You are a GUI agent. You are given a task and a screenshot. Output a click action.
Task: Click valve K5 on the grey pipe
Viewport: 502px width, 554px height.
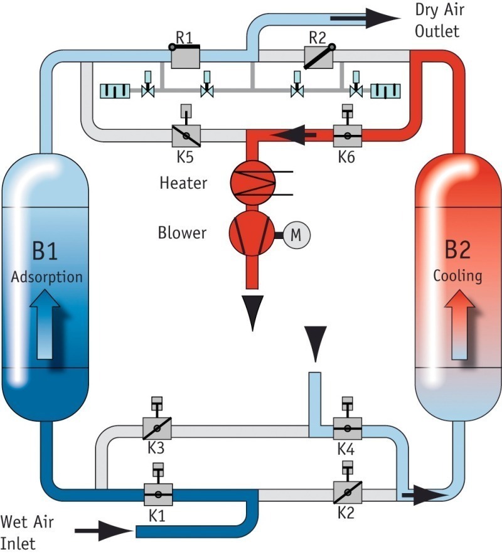[186, 135]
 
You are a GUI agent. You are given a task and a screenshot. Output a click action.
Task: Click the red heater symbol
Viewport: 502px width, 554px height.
[253, 180]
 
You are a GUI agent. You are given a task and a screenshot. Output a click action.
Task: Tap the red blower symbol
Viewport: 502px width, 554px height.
[252, 234]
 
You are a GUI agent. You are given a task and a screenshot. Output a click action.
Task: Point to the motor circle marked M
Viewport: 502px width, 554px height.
[296, 235]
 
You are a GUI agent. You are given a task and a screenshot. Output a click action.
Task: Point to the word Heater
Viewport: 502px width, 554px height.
[183, 184]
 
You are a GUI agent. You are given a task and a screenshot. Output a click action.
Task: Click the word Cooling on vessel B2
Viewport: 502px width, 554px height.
[458, 276]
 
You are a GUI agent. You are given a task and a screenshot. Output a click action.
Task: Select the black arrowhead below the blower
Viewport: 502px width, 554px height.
[253, 313]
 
